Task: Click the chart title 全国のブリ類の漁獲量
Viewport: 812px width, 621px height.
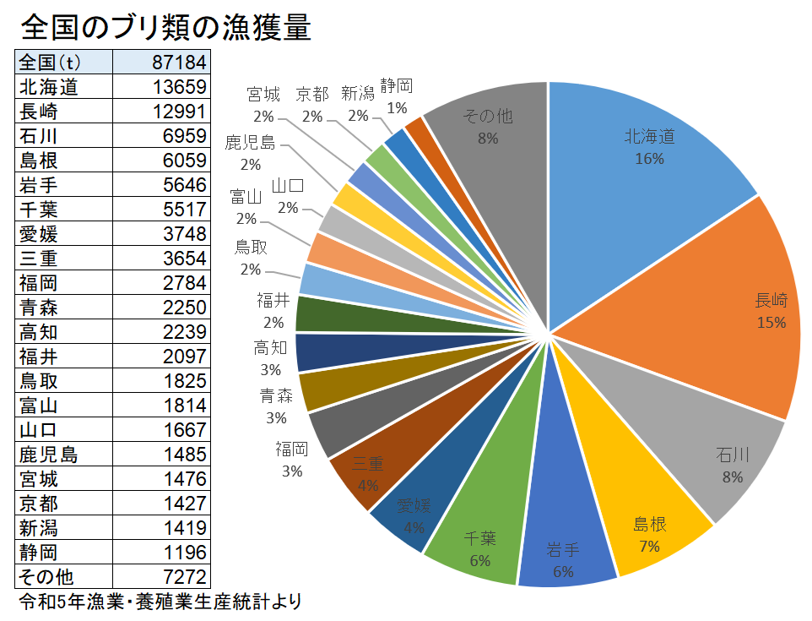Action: (x=165, y=28)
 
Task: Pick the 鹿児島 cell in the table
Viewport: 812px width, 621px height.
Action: (x=48, y=455)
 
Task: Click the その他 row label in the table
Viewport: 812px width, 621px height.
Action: (x=46, y=577)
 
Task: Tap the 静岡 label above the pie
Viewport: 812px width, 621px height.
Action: (x=397, y=85)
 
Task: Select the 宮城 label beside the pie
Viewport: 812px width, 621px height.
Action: (x=263, y=95)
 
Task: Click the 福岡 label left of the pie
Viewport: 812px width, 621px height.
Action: (x=292, y=449)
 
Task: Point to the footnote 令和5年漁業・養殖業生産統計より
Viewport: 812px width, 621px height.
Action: (x=160, y=602)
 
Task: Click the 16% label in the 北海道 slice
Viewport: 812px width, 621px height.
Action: (x=649, y=158)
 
